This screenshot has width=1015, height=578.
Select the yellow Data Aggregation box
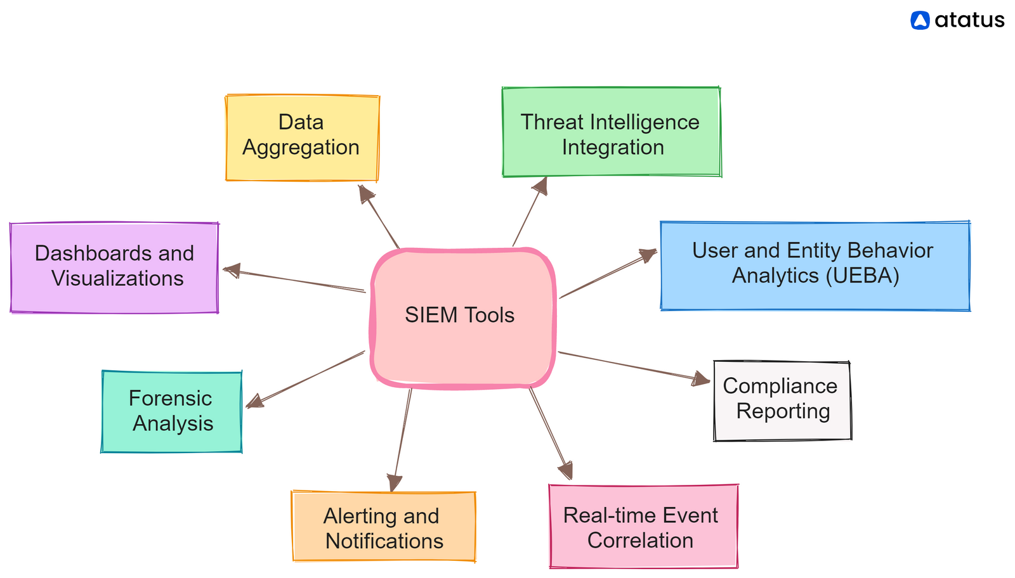(302, 138)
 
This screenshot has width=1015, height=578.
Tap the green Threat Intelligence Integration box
(611, 132)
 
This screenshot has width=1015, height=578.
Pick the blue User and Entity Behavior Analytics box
(815, 266)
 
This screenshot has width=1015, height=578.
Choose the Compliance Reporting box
(782, 400)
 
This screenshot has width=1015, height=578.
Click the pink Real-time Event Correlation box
(643, 526)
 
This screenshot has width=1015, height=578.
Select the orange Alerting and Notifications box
(383, 526)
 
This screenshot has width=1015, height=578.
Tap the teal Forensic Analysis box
(172, 411)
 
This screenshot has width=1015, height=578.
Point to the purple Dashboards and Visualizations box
(114, 267)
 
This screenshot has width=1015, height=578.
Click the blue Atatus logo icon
(920, 21)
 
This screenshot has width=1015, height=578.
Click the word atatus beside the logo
(969, 21)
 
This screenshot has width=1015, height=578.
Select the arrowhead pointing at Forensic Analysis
(254, 401)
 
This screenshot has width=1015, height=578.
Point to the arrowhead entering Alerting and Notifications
(395, 483)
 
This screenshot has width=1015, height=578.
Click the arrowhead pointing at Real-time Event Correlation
(566, 472)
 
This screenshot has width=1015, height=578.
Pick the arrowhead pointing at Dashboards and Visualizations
(231, 271)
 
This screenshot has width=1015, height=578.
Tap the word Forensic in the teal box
(170, 399)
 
